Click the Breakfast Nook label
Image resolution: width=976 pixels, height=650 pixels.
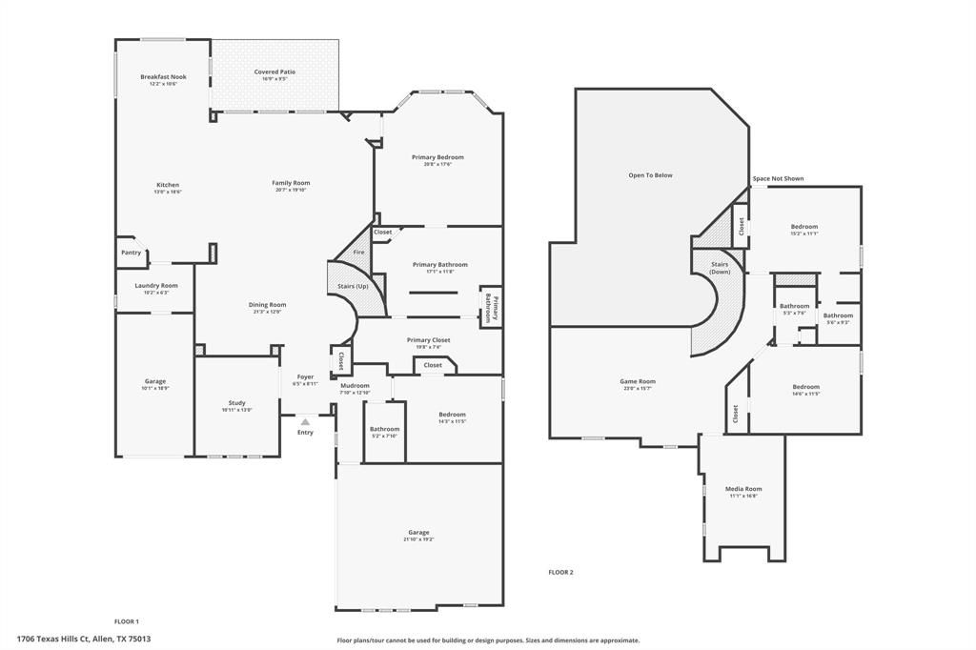click(x=163, y=76)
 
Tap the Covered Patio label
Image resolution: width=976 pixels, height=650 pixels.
click(x=274, y=71)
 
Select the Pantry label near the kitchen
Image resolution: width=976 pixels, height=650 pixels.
click(x=132, y=253)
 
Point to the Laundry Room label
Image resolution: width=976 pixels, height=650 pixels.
click(x=155, y=285)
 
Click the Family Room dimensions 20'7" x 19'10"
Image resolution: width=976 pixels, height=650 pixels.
click(x=291, y=190)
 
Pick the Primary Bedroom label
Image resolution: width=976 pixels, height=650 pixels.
click(x=437, y=156)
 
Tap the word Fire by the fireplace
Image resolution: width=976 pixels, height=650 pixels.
click(x=358, y=252)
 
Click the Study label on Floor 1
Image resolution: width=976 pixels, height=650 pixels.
click(x=236, y=402)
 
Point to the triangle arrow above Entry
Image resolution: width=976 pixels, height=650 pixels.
click(x=305, y=419)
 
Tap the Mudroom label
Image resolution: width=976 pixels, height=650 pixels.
click(x=355, y=385)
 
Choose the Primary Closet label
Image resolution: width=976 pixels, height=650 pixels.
click(x=428, y=339)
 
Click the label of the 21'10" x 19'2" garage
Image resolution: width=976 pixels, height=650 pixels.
click(x=418, y=532)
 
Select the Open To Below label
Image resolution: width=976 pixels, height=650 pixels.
click(x=650, y=175)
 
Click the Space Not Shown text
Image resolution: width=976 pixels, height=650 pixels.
click(x=778, y=178)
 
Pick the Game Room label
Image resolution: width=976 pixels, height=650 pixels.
click(x=638, y=381)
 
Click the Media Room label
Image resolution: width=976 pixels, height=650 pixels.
click(x=743, y=489)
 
